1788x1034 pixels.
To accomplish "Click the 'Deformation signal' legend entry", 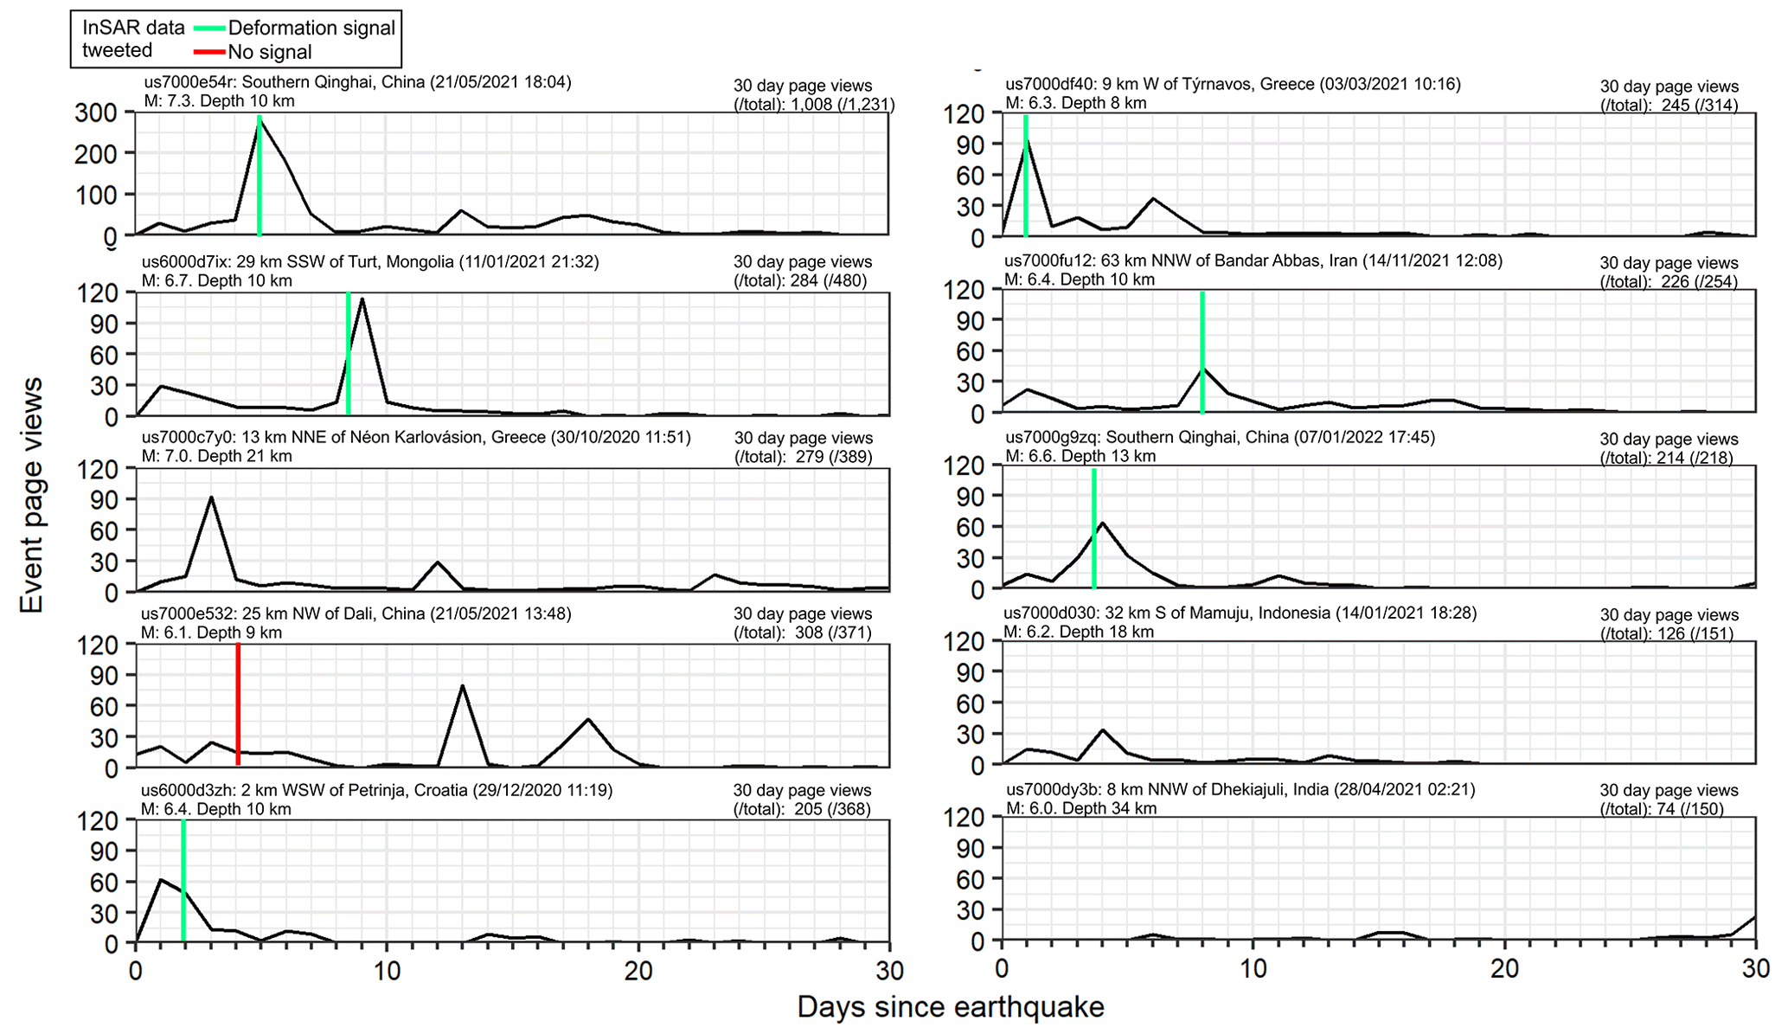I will coord(311,28).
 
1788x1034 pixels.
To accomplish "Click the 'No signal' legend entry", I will coord(269,52).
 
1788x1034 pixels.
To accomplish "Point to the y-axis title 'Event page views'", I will coord(31,495).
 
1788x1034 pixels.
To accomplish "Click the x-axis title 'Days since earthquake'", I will coord(950,1007).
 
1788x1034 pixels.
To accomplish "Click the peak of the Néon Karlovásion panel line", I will coord(211,498).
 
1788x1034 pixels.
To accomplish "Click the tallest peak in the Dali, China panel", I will coord(463,686).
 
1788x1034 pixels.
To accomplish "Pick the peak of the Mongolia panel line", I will coord(362,299).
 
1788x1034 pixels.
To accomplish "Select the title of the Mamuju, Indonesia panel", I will coord(1240,613).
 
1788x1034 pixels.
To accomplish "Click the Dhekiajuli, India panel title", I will coord(1240,790).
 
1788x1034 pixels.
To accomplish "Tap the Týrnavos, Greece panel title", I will coord(1233,85).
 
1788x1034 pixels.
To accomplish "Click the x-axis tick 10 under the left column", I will coord(387,972).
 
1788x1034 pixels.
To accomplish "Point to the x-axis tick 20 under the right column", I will coord(1504,968).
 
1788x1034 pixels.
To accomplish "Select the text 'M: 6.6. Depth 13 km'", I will coord(1080,456).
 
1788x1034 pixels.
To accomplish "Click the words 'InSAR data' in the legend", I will coord(133,28).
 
